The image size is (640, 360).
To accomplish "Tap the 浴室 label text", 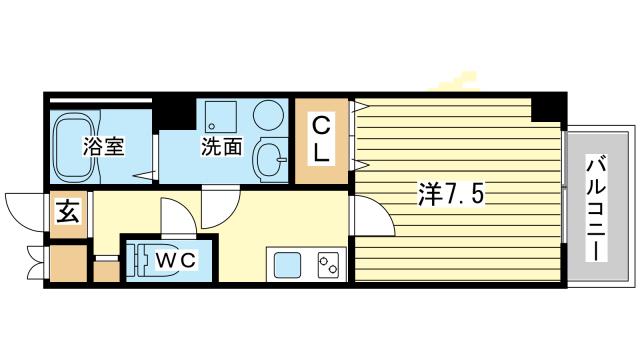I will point(102,147).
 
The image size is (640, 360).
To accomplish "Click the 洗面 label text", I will point(221,147).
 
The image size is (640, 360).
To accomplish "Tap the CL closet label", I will point(321,140).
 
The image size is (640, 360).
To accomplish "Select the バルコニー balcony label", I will point(596,207).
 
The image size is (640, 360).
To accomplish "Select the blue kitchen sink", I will point(288,265).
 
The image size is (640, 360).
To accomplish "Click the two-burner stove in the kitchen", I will point(329,265).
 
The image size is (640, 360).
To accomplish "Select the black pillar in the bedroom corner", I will point(545,106).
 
